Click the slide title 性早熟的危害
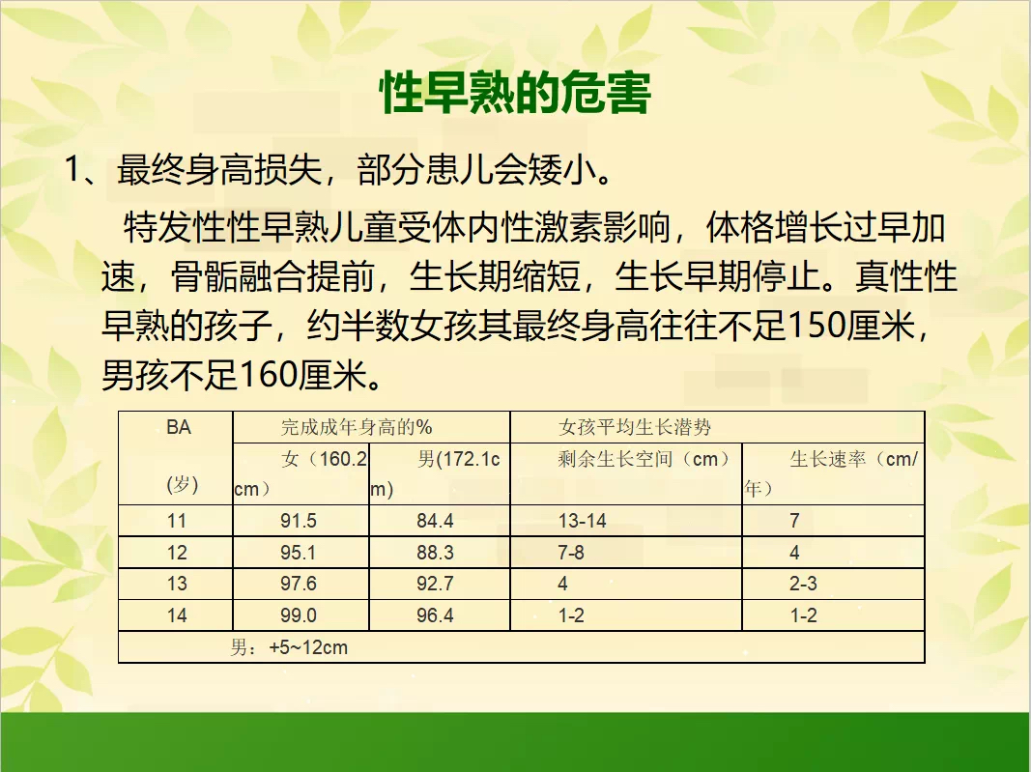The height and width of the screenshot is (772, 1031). point(516,93)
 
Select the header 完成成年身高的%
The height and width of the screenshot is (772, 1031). point(357,427)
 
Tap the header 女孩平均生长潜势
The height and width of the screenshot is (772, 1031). point(635,427)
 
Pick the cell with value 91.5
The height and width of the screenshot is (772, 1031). point(299,521)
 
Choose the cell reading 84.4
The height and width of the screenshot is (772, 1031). point(435,521)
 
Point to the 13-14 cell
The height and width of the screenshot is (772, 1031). point(583,521)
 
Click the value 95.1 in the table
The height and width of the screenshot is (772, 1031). point(299,553)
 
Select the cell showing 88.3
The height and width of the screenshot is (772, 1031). point(435,553)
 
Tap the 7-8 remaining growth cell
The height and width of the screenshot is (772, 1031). point(571,553)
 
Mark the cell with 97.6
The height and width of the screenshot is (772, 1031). point(299,584)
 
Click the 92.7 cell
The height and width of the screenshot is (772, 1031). point(435,584)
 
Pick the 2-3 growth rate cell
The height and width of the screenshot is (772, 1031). point(803,584)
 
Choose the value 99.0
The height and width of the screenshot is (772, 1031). point(299,615)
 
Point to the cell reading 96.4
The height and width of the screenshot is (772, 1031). point(435,615)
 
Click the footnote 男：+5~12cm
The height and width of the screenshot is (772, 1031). point(289,647)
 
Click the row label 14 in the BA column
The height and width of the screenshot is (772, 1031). point(177,615)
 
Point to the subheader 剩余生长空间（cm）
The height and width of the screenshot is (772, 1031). point(644,459)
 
